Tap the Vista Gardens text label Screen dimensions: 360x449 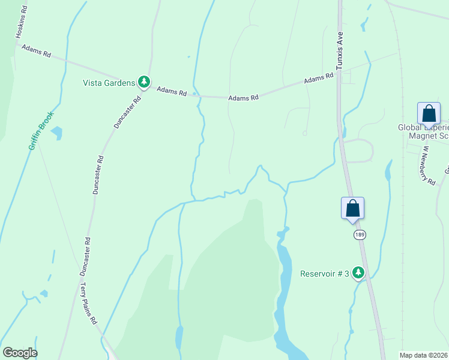(x=109, y=83)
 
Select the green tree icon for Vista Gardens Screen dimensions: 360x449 (x=143, y=82)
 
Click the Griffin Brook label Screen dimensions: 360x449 (x=41, y=130)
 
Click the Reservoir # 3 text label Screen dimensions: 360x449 (x=325, y=274)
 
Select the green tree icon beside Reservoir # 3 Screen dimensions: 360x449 (x=358, y=273)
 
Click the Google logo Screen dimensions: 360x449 (x=20, y=353)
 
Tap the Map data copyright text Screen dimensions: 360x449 (x=424, y=355)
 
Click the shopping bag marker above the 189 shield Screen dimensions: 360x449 (x=353, y=209)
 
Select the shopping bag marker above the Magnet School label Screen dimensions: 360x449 (x=429, y=113)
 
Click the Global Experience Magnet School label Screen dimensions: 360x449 (x=424, y=131)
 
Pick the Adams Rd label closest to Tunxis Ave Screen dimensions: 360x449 (x=318, y=79)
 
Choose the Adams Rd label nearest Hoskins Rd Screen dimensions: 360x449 (x=36, y=50)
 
